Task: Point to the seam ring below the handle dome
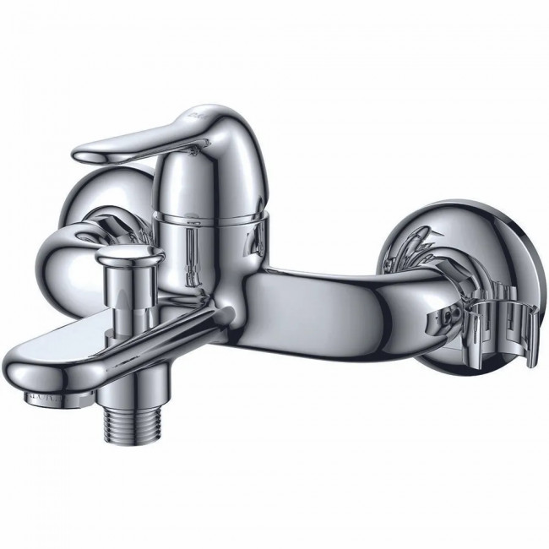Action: (x=215, y=217)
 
